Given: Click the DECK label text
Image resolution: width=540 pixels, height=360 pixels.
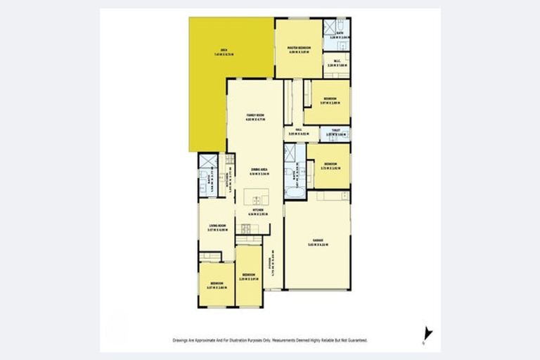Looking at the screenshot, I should [x=226, y=50].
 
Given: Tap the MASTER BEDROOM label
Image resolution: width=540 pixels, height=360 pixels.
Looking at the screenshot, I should [x=299, y=48].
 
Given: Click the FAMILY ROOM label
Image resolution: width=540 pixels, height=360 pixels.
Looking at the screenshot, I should [x=255, y=115].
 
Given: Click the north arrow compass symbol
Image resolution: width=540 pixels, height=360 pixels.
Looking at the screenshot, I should [x=428, y=337].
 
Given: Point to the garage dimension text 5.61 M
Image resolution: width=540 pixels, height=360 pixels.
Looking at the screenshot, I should [x=310, y=245].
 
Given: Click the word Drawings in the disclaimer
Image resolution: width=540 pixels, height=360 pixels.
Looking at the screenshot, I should [x=181, y=340].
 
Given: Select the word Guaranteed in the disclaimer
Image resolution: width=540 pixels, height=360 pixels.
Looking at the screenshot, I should [x=358, y=340].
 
